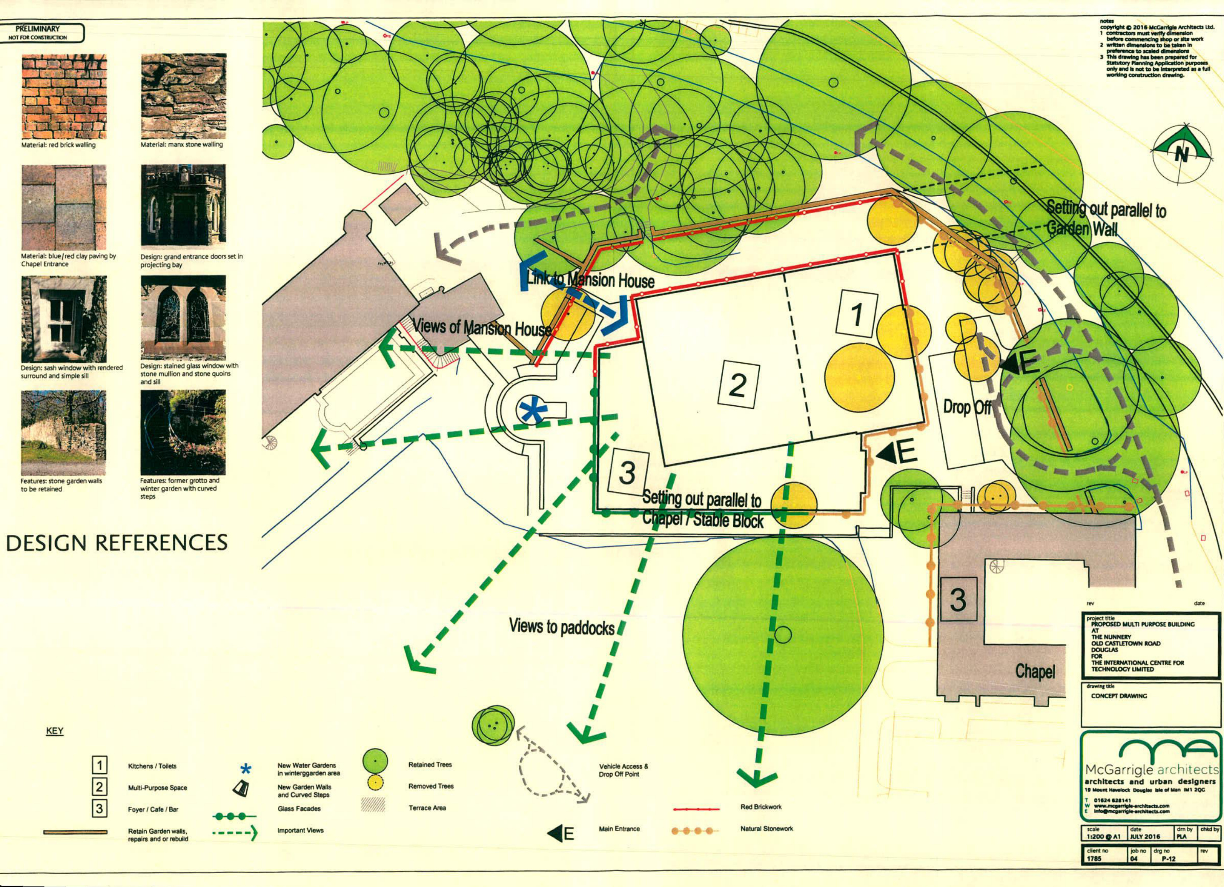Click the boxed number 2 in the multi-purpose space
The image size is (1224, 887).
point(738,384)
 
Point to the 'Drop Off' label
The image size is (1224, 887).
point(967,407)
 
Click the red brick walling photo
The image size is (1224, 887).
point(64,96)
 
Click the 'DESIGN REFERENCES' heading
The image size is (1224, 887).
point(116,543)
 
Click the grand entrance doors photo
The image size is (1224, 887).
point(183,205)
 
